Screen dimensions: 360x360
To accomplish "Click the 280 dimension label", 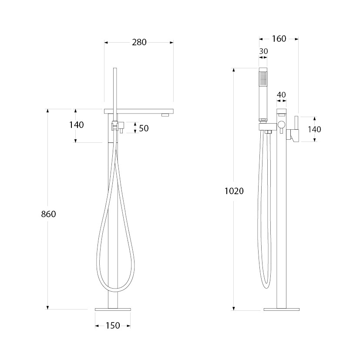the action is (x=139, y=42).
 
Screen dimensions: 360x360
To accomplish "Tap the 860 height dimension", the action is (x=48, y=214).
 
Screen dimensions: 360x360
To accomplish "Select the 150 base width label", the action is (x=113, y=326).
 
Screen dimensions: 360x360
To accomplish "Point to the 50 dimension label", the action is (x=144, y=128).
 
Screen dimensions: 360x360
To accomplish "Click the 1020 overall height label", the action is (x=234, y=191).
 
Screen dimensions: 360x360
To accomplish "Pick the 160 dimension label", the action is (x=279, y=39).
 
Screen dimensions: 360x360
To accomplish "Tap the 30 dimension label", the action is (x=263, y=51).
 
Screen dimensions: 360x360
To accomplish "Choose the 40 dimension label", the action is (x=281, y=94).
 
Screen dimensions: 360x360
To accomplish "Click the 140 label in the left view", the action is (x=77, y=125).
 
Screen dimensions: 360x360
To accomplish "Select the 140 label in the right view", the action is (x=314, y=129).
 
